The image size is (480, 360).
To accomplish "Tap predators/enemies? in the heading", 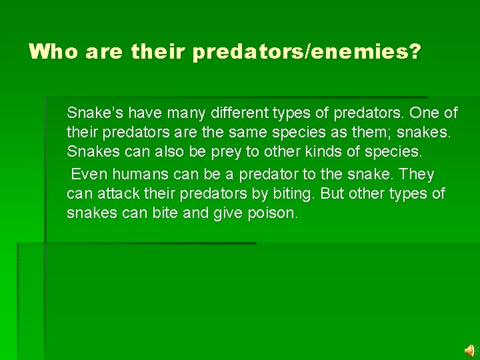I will (x=307, y=52).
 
